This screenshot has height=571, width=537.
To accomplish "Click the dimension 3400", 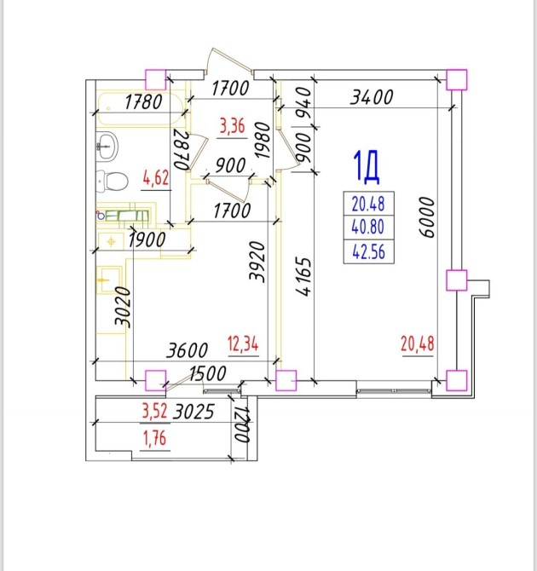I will (372, 97).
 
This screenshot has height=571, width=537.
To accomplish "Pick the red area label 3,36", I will (233, 129).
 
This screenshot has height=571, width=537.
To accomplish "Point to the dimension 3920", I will (252, 260).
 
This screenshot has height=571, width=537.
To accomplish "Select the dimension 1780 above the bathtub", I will (144, 103).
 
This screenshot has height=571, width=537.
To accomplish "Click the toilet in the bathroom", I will (111, 180).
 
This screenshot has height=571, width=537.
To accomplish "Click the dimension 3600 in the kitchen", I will (188, 349).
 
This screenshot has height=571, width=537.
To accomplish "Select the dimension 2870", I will (180, 151).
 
